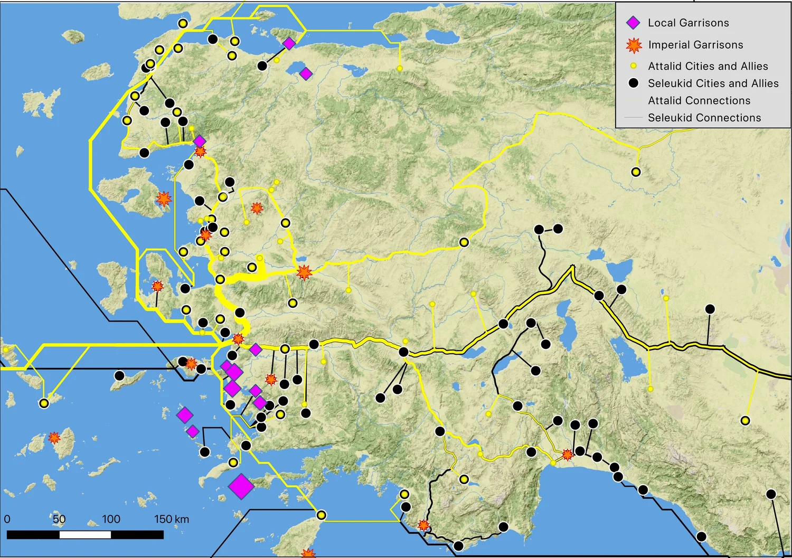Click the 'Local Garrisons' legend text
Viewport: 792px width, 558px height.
[x=688, y=23]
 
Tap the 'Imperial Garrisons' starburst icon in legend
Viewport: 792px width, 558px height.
[x=634, y=45]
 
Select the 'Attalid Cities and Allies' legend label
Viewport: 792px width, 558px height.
[x=708, y=66]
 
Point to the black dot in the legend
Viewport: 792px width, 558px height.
[x=634, y=83]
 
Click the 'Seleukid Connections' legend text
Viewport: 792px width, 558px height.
[x=704, y=118]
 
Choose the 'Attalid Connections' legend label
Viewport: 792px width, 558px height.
[x=699, y=100]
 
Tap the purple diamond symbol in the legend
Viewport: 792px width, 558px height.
[x=633, y=23]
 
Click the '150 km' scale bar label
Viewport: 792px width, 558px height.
[x=172, y=519]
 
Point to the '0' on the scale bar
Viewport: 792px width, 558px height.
[x=7, y=519]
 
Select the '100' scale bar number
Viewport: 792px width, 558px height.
[x=111, y=519]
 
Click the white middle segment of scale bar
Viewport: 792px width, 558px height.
[x=85, y=535]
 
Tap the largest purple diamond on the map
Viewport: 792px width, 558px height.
[x=241, y=486]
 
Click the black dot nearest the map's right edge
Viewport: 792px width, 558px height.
[x=771, y=494]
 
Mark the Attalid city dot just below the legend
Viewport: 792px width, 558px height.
[x=636, y=172]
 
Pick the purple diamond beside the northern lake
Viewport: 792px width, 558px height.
[x=306, y=74]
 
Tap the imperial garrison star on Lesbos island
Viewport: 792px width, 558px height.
[x=164, y=199]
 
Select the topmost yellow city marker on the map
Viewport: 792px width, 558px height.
[x=183, y=23]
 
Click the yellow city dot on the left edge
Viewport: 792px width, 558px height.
[x=6, y=349]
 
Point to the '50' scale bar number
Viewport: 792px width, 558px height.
[x=59, y=519]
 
